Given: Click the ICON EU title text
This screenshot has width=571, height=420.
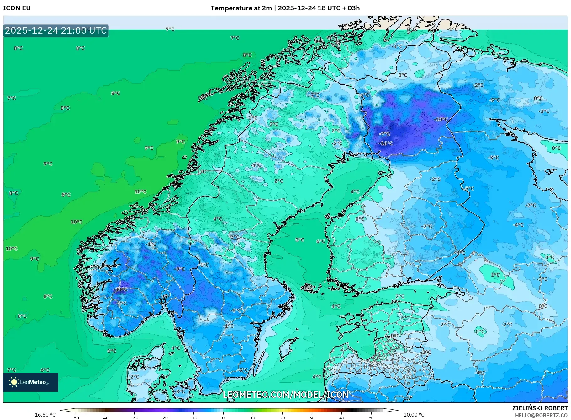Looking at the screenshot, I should coord(17,8).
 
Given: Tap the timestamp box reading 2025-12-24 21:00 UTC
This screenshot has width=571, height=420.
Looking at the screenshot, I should coord(56,30).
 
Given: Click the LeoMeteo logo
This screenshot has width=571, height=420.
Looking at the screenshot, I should coord(31,382).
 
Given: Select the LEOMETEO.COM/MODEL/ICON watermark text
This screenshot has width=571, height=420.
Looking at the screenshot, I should coord(285,395).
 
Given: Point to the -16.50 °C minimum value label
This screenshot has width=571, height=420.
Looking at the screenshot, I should coord(44,415).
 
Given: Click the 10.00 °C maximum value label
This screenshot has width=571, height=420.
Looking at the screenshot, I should coord(414,415).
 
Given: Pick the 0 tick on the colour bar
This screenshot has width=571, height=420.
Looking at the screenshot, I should coord(223,417).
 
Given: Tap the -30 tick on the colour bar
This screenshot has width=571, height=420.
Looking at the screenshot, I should coord(134,417).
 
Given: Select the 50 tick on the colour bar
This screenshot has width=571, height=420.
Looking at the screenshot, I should coord(371,417).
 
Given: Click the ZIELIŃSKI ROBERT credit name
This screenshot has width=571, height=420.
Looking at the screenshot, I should coord(540,408).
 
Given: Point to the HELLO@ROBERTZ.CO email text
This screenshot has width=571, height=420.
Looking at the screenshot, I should coord(541,415).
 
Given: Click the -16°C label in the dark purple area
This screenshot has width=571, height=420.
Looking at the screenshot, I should coord(386,143).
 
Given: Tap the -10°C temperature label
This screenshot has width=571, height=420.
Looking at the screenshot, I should coord(441,119).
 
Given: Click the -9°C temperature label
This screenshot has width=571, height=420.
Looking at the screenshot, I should coord(180,269).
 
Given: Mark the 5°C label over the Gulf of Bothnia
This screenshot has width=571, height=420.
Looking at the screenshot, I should coord(299,240).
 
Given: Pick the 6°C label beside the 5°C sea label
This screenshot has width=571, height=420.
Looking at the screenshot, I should coord(320,241).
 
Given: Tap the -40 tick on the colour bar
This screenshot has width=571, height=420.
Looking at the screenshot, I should coord(105,417).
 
